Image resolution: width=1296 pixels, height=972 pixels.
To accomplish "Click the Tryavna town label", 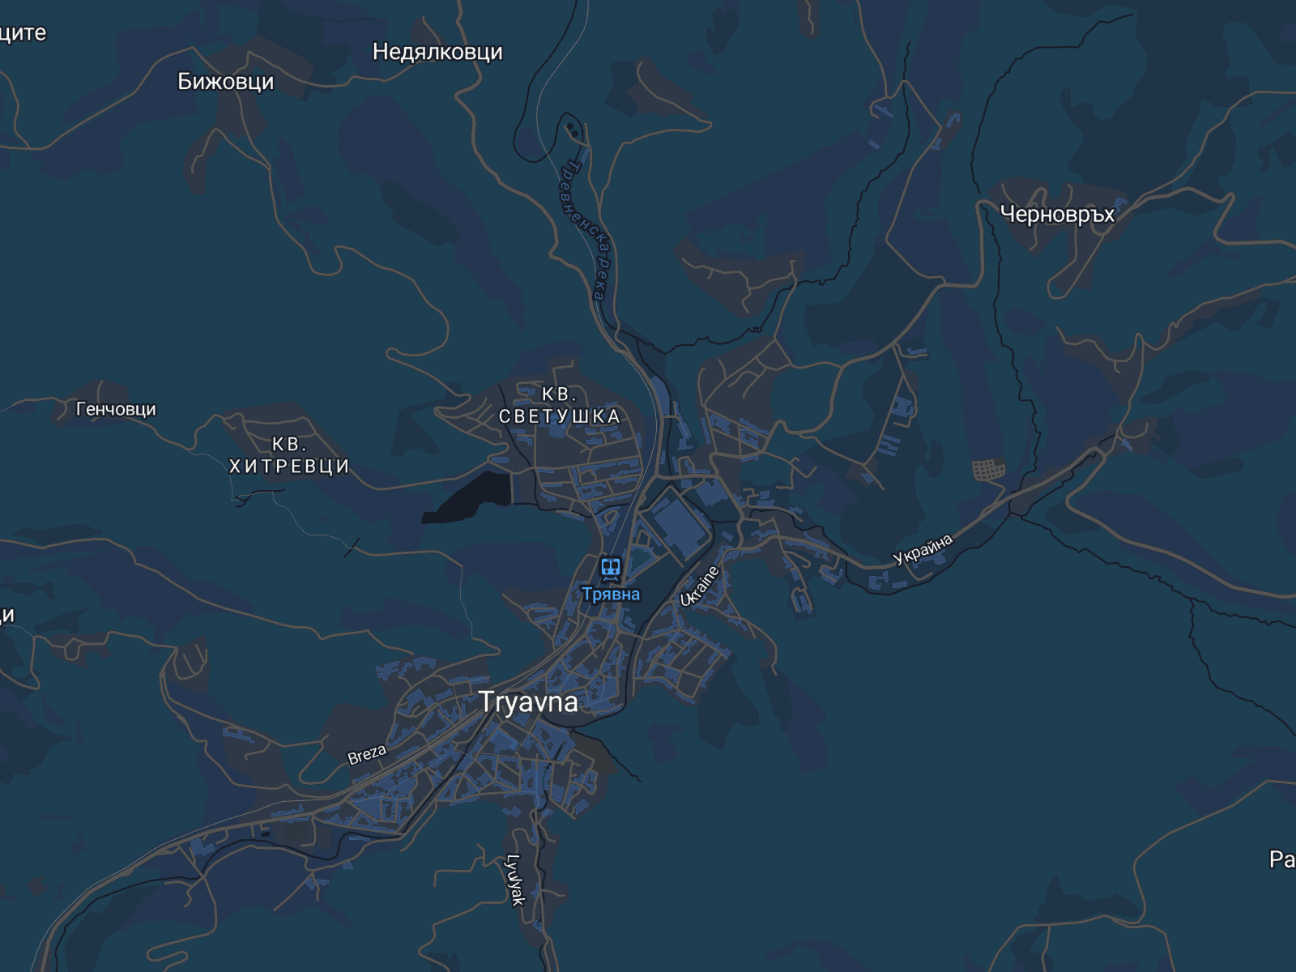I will [x=528, y=701].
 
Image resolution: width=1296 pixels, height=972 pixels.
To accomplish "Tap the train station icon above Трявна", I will [x=611, y=568].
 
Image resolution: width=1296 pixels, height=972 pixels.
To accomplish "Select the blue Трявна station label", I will [x=611, y=595].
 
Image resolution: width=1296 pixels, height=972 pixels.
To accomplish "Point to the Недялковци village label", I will [x=437, y=52].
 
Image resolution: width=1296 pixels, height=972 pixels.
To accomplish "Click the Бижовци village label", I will [x=225, y=82].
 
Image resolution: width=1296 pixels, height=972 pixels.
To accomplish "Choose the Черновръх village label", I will [x=1057, y=214].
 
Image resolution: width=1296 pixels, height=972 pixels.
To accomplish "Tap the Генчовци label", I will [x=116, y=410].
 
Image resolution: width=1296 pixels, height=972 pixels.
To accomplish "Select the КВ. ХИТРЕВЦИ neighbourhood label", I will [x=289, y=455].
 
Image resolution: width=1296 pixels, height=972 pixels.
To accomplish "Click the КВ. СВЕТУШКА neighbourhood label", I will [x=559, y=406].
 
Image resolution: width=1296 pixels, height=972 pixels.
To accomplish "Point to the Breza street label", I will [x=367, y=754].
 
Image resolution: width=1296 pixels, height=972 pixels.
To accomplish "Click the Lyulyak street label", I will [x=515, y=880].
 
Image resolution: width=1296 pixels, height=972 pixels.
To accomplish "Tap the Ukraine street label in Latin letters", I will [x=700, y=586].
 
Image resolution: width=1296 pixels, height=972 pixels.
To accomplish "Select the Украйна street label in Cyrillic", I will [x=923, y=549].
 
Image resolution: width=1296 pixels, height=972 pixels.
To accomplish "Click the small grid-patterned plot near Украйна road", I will [x=988, y=469].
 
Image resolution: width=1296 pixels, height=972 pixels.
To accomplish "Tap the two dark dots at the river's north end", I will [x=572, y=129].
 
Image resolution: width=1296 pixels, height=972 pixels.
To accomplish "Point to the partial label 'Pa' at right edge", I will [x=1281, y=859].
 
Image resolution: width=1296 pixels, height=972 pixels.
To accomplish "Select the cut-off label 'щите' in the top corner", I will [x=23, y=33].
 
